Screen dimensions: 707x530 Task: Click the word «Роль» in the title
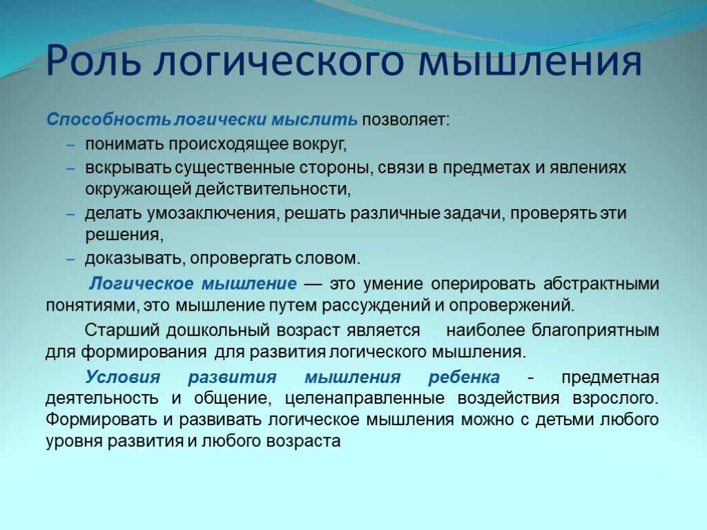93,60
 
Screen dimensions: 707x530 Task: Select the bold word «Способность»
108,119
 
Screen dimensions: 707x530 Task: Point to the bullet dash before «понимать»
70,145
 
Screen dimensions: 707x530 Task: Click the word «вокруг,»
320,144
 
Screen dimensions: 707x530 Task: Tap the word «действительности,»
273,189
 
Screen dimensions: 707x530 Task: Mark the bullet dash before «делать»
70,214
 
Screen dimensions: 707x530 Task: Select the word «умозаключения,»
211,213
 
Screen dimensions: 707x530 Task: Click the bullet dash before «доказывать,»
70,259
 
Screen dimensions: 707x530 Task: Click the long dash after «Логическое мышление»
313,284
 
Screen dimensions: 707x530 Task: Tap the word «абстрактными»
601,284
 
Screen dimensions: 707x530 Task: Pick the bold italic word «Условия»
123,377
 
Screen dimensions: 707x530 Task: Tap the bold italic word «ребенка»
464,377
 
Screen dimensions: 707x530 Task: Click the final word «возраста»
304,441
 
